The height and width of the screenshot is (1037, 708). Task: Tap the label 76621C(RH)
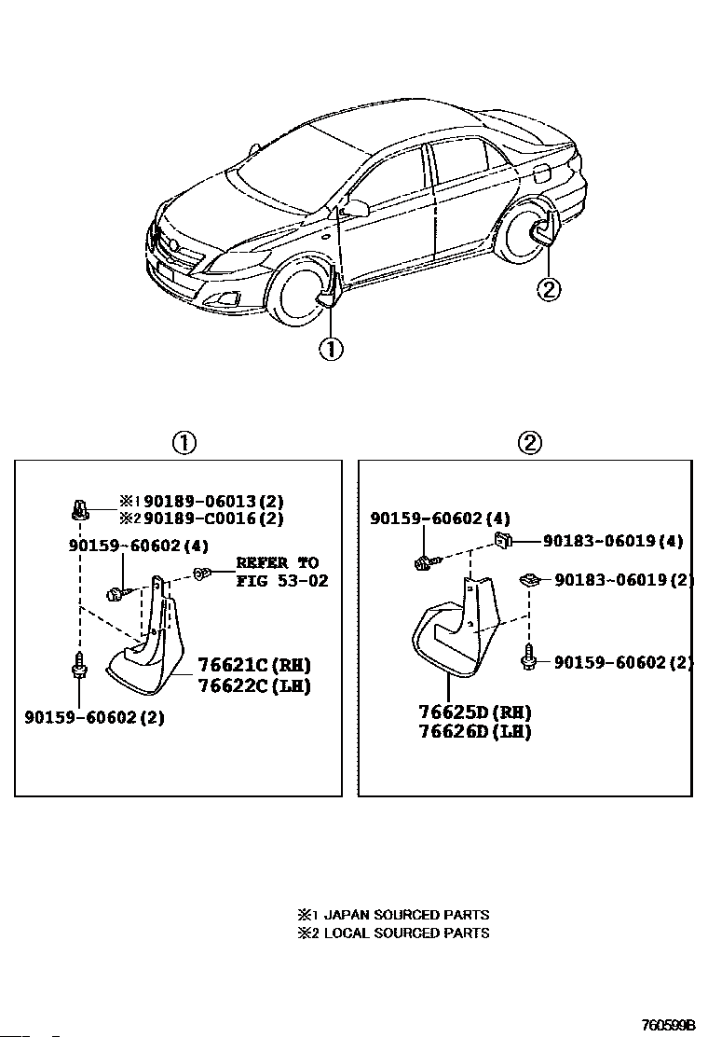coord(253,665)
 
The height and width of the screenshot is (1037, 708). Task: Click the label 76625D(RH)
coord(474,712)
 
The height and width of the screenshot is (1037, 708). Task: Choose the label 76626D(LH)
coord(474,731)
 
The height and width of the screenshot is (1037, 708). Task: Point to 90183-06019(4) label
coord(613,540)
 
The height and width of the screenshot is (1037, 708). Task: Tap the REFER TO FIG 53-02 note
coord(277,572)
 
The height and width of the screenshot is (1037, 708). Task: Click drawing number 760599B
coord(667,1024)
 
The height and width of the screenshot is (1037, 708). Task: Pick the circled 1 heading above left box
coord(184,442)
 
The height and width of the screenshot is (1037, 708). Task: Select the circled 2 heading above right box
coord(529,442)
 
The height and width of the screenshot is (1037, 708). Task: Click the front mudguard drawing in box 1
coord(154,643)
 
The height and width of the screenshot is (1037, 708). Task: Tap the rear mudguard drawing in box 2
coord(456,634)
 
